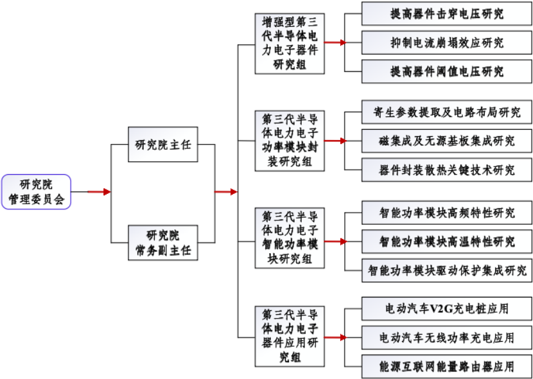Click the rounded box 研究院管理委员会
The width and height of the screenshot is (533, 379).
tap(36, 191)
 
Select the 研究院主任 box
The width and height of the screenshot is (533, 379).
tap(163, 145)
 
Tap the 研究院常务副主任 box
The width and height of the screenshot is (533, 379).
tap(163, 243)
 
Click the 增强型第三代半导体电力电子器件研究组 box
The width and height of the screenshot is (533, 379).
tap(290, 44)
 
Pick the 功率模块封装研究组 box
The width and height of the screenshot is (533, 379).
tap(290, 141)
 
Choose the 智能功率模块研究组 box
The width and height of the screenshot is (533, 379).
tap(290, 238)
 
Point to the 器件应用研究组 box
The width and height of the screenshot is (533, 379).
tap(290, 337)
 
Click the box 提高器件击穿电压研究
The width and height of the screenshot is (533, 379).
tap(447, 13)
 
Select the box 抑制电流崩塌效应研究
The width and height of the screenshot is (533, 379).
tap(447, 42)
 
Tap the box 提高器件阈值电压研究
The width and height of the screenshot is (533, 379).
tap(447, 71)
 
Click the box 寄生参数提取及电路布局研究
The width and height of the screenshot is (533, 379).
tap(447, 112)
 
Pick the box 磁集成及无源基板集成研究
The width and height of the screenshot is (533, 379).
tap(447, 141)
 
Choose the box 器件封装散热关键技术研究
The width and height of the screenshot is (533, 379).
tap(447, 170)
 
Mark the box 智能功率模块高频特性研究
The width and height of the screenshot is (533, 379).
tap(447, 213)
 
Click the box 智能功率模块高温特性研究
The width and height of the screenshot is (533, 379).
tap(447, 242)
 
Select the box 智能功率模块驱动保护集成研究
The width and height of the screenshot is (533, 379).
tap(447, 270)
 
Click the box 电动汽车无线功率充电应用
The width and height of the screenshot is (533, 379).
tap(447, 337)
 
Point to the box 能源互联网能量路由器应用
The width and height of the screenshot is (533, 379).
tap(447, 366)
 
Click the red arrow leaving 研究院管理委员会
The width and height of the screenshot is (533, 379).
tap(100, 191)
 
